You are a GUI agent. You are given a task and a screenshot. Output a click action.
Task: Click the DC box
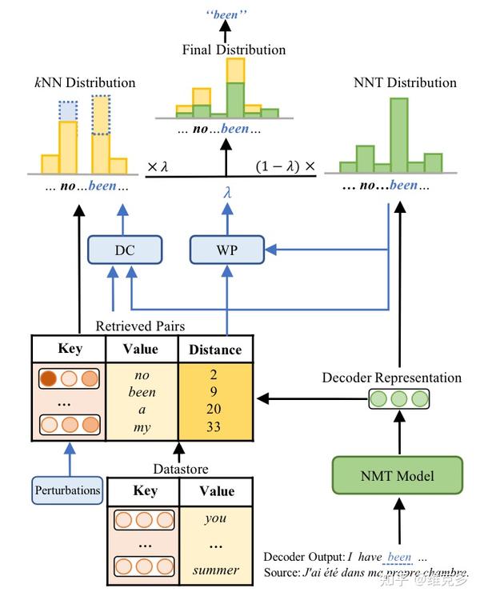[124, 250]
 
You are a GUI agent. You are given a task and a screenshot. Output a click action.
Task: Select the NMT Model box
[397, 476]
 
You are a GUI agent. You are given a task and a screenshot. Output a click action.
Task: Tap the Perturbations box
[67, 490]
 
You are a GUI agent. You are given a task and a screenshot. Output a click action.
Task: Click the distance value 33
[214, 427]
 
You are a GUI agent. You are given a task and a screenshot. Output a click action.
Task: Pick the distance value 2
[214, 374]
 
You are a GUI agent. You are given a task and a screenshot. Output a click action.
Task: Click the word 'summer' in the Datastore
[215, 570]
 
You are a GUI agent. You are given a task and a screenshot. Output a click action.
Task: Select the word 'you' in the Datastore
[215, 518]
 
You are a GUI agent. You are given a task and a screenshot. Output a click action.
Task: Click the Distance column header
[214, 349]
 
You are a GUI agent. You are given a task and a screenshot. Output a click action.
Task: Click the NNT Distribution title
[405, 82]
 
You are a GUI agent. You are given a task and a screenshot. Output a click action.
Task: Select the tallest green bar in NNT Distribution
[398, 134]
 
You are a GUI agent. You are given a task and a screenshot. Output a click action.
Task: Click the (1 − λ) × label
[286, 167]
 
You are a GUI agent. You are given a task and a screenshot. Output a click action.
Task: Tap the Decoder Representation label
[391, 378]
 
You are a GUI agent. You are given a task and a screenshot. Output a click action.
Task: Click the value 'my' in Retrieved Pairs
[142, 427]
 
